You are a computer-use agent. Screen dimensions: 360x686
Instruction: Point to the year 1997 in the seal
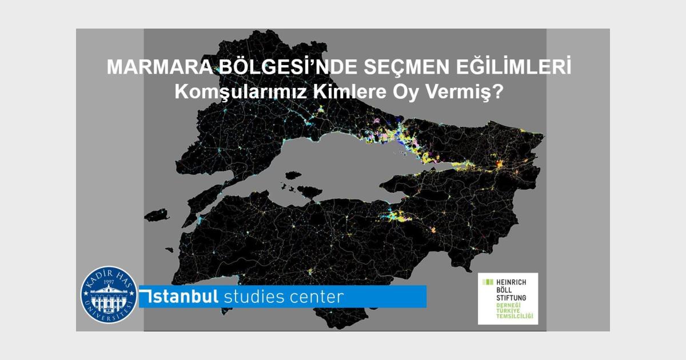point(109,281)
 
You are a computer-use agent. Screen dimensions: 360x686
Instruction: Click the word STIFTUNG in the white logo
point(510,298)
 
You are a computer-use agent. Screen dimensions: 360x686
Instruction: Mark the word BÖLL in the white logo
point(502,290)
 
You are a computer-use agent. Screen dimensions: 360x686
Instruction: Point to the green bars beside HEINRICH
point(488,282)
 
